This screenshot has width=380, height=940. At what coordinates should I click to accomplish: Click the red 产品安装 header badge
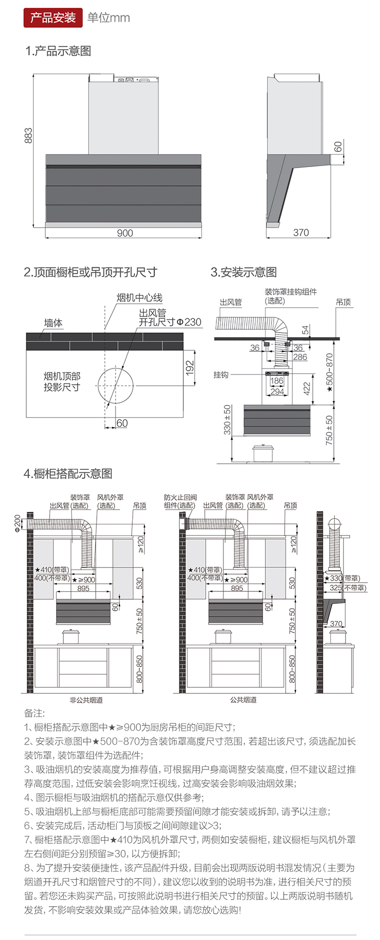(53, 18)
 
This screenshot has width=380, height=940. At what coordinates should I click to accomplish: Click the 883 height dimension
(28, 135)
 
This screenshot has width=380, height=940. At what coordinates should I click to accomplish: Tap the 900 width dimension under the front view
(125, 233)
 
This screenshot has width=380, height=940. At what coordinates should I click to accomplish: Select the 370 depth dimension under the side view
(301, 232)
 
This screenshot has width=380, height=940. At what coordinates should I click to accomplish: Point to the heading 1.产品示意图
(58, 51)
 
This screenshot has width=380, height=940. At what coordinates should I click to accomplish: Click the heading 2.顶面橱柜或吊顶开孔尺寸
(91, 272)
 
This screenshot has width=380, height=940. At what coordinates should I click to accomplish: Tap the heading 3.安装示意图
(244, 272)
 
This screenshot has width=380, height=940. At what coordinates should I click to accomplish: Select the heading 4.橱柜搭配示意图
(68, 474)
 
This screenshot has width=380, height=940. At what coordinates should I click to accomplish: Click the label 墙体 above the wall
(53, 322)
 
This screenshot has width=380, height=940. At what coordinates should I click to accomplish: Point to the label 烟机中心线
(139, 298)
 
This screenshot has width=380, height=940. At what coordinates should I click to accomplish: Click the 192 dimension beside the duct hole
(190, 367)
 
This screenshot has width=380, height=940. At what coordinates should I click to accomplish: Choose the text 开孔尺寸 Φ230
(170, 322)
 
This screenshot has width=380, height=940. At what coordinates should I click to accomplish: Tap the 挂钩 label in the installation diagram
(221, 375)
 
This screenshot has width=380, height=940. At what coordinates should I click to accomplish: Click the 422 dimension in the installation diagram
(307, 388)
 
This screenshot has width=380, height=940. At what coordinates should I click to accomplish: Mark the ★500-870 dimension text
(329, 373)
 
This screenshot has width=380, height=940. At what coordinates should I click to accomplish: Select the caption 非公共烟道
(86, 700)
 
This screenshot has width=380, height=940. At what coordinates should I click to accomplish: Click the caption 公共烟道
(243, 700)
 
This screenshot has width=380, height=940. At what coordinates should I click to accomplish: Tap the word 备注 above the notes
(34, 713)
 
